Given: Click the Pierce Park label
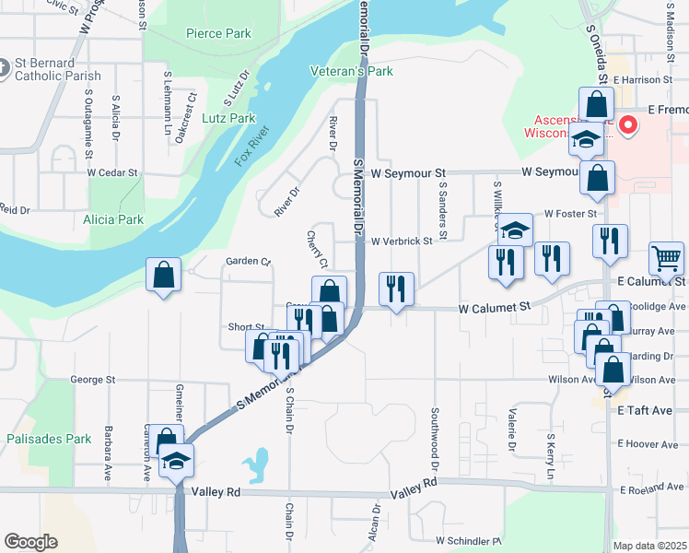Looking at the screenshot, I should click(x=218, y=34).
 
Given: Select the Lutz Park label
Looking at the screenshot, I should click(x=229, y=118).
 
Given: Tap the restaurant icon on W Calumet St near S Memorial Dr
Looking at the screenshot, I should click(x=397, y=288).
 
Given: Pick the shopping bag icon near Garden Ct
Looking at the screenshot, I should click(x=163, y=275).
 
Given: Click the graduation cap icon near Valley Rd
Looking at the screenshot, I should click(x=175, y=462).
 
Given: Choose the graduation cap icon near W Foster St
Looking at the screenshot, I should click(x=515, y=229).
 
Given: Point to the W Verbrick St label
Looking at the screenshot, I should click(x=402, y=241).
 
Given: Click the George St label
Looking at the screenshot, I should click(x=93, y=379).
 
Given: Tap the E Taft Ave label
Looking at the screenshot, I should click(x=646, y=410).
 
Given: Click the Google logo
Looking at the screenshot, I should click(x=30, y=542).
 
